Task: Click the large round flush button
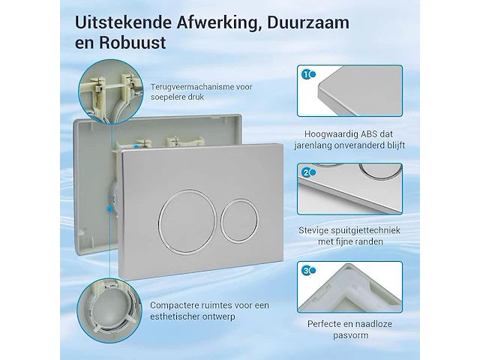187,222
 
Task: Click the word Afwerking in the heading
217,23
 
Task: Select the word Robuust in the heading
132,43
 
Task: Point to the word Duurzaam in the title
308,23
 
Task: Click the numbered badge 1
305,74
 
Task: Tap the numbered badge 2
305,172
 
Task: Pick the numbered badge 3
305,271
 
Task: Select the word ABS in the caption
369,134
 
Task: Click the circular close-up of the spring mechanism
110,91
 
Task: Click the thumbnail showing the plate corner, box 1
349,91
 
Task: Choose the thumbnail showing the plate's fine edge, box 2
349,188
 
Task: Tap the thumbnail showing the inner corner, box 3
349,286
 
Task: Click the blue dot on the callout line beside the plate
109,208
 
